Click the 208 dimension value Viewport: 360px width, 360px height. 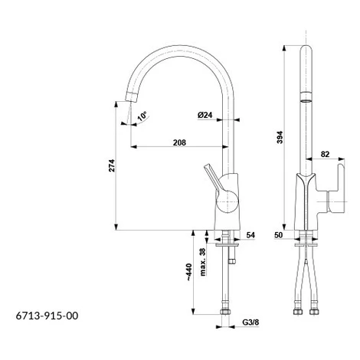point(179,142)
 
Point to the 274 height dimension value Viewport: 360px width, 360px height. point(112,165)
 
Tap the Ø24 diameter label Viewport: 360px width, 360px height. point(205,115)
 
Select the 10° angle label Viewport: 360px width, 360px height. point(142,116)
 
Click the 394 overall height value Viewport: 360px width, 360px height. point(280,137)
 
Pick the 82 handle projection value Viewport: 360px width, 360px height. point(325,154)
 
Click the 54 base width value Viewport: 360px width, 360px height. point(250,235)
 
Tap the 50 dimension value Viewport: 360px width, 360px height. point(279,235)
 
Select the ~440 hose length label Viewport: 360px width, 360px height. point(188,272)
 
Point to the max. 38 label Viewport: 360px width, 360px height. point(202,262)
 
